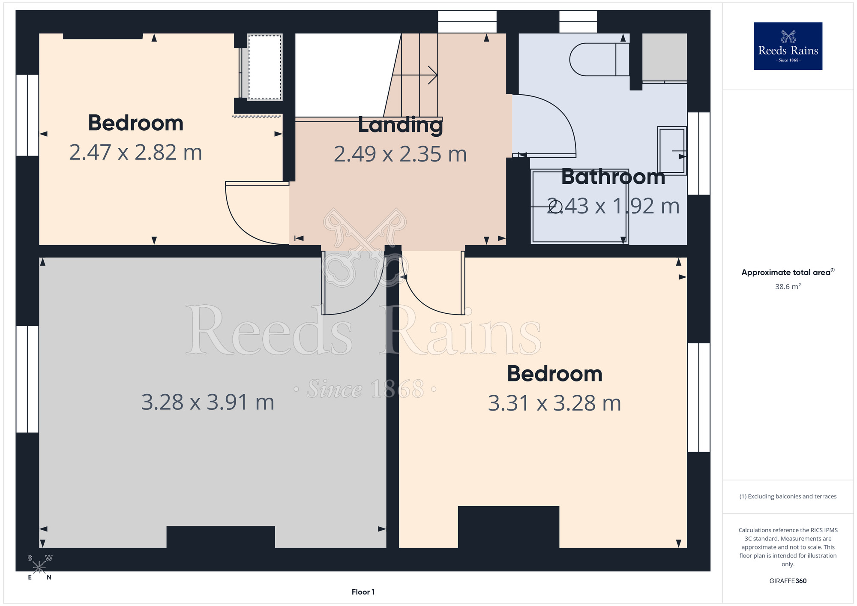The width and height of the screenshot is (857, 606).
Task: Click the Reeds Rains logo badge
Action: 788,46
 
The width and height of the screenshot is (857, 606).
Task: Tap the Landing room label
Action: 400,126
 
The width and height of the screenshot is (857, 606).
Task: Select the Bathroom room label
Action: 613,177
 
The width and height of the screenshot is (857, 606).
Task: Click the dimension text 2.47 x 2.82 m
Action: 135,153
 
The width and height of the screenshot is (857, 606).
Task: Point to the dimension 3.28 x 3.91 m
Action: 208,402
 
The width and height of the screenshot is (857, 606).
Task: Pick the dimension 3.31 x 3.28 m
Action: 554,403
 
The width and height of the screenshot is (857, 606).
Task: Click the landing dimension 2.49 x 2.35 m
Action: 400,154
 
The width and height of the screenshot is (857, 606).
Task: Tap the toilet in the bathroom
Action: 599,60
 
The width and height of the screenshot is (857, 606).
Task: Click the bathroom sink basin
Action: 672,150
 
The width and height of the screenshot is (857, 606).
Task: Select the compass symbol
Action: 39,567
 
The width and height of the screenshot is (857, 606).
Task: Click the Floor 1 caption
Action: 363,592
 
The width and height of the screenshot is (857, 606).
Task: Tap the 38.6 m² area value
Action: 788,286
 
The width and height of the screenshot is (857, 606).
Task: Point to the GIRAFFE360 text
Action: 788,581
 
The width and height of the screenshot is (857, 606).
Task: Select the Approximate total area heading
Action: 788,272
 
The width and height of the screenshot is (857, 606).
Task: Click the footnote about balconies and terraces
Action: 788,496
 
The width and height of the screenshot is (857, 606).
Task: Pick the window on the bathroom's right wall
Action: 698,153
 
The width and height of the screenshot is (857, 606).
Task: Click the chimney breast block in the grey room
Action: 221,537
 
